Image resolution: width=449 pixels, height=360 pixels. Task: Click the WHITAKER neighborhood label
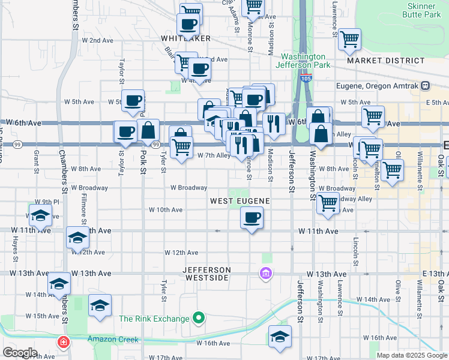tap(185, 38)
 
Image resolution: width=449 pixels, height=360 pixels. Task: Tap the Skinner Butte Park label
tap(421, 10)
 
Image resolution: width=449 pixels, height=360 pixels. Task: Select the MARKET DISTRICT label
tap(385, 61)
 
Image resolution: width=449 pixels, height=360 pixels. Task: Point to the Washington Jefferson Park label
tap(303, 61)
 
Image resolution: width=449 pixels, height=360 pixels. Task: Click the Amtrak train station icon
tap(426, 85)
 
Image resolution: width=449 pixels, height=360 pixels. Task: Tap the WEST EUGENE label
tap(238, 200)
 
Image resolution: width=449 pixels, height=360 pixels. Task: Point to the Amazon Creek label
tap(109, 338)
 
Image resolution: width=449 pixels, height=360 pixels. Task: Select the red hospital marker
tap(62, 343)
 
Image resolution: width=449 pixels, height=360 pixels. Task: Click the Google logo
tap(20, 352)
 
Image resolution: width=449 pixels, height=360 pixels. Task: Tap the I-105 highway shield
tap(306, 78)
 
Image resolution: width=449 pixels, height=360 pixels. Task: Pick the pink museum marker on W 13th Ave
tap(265, 274)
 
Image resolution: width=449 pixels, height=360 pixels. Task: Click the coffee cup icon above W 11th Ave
tap(252, 217)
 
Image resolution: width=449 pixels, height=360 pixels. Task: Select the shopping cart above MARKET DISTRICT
tap(349, 40)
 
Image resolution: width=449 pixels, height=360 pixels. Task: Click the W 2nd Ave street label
tap(97, 40)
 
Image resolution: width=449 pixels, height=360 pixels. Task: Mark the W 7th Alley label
tap(214, 155)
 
